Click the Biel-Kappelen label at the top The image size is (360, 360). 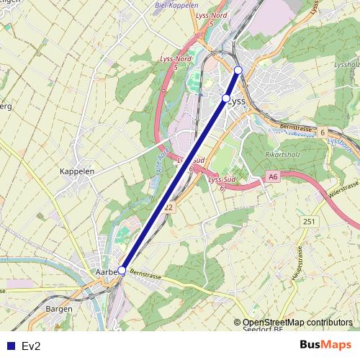[x=176, y=5]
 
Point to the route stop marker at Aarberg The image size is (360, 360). [x=122, y=271]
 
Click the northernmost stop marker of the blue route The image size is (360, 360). [x=238, y=70]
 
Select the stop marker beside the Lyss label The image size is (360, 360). [x=226, y=98]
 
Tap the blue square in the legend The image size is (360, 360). [x=9, y=346]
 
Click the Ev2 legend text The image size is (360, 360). [x=31, y=346]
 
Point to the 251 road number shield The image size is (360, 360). [x=310, y=221]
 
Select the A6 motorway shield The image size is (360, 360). [x=272, y=176]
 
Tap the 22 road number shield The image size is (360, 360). [x=168, y=207]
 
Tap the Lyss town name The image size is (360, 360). [x=238, y=102]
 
